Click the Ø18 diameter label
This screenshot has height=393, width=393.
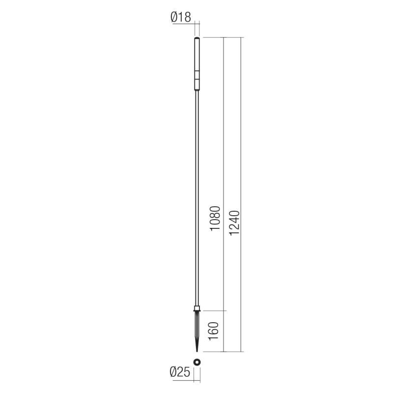pyautogui.click(x=180, y=18)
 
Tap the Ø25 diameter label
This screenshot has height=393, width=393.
pyautogui.click(x=180, y=373)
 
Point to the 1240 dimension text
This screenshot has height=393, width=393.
pyautogui.click(x=234, y=224)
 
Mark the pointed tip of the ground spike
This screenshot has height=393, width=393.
pyautogui.click(x=197, y=351)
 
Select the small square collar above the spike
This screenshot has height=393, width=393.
pyautogui.click(x=197, y=309)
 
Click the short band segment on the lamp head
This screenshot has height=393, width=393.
pyautogui.click(x=197, y=76)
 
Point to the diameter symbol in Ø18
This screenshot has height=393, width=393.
pyautogui.click(x=174, y=18)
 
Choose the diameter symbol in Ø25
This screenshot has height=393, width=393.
pyautogui.click(x=174, y=373)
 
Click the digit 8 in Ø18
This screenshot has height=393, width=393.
pyautogui.click(x=187, y=18)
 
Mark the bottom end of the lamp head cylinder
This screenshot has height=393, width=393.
pyautogui.click(x=197, y=90)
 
